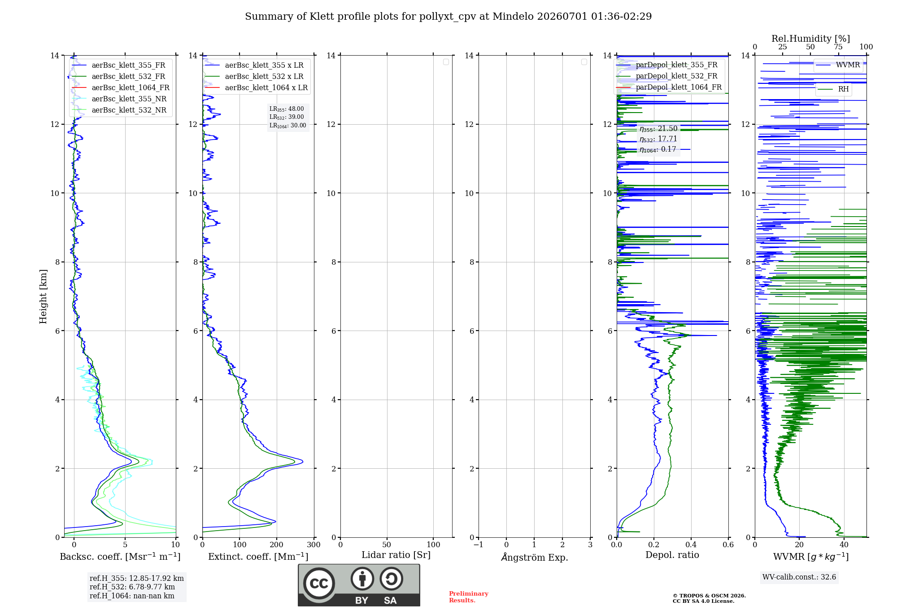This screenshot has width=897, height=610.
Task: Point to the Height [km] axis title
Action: (43, 296)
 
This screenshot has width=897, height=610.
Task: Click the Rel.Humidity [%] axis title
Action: (810, 39)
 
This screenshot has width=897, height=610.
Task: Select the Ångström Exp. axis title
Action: (535, 557)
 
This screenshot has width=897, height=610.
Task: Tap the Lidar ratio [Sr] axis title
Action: (396, 555)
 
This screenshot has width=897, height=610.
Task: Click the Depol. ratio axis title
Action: (672, 555)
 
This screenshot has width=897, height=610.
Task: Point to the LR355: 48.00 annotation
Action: (287, 109)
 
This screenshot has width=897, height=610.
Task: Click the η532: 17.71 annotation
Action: (658, 139)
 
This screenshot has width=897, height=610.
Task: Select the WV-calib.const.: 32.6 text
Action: (799, 577)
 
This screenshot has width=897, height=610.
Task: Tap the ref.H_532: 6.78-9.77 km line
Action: (132, 587)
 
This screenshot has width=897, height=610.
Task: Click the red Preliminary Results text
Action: (468, 597)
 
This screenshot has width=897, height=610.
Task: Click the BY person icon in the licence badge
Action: (362, 579)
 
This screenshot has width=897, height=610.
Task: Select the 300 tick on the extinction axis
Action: (314, 545)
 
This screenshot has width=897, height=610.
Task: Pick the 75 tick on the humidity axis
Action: (838, 47)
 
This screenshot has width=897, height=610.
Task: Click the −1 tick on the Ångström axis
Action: (479, 545)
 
